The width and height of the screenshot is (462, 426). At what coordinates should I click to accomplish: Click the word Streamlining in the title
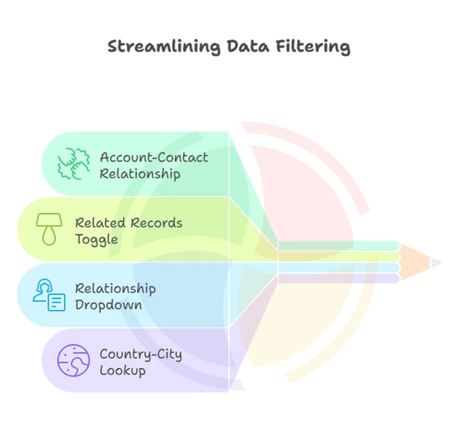(164, 47)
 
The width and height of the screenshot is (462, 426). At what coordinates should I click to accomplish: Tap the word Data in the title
(248, 46)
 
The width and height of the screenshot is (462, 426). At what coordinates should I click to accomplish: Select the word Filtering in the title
(313, 47)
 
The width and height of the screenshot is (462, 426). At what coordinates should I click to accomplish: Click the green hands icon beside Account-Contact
(73, 163)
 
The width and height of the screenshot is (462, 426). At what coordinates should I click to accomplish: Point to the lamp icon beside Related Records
(49, 229)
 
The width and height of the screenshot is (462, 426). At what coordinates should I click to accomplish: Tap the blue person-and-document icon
(49, 295)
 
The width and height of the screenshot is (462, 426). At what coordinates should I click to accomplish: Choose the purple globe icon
(73, 360)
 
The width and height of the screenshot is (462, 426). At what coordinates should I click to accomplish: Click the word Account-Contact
(154, 157)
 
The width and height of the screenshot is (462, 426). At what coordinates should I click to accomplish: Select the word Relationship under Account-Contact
(140, 174)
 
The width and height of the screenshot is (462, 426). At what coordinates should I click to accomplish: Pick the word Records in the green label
(156, 223)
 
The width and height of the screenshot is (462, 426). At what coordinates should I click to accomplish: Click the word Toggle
(97, 240)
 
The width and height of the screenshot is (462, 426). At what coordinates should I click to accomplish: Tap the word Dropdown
(109, 305)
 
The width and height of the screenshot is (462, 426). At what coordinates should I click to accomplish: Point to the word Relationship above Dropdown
(115, 288)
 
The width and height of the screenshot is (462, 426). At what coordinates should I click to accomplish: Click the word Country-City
(141, 355)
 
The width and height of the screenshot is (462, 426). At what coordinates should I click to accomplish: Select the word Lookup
(122, 370)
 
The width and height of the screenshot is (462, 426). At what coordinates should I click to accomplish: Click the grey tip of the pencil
(435, 263)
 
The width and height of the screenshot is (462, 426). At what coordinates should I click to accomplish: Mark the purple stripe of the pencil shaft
(339, 278)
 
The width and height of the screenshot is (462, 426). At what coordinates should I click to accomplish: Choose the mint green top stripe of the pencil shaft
(339, 245)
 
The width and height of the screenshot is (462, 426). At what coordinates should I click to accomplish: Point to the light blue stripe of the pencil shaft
(339, 268)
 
